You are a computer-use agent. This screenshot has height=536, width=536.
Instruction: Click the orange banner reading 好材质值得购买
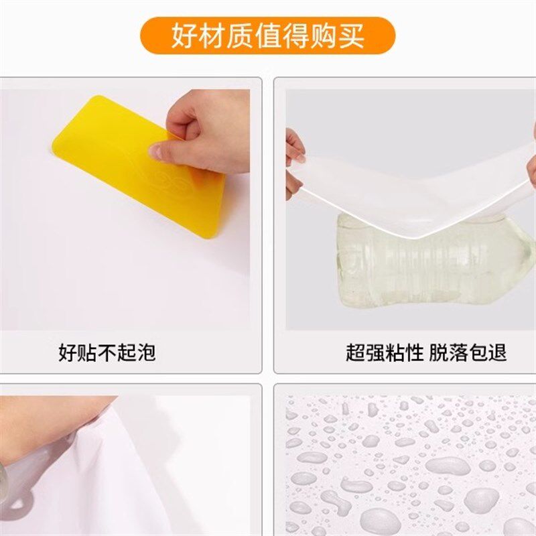[267, 36]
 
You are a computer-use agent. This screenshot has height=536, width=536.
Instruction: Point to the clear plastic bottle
[429, 261]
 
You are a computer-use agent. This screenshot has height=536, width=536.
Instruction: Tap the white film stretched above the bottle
[415, 194]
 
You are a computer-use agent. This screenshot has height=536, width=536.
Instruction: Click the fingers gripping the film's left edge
[295, 161]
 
